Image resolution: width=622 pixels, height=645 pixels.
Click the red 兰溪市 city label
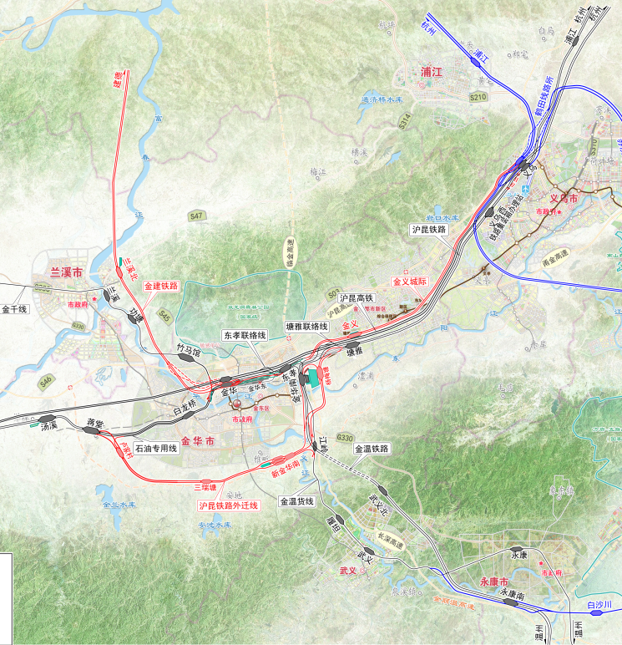(x=66, y=272)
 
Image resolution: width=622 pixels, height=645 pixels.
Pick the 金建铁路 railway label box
(x=161, y=286)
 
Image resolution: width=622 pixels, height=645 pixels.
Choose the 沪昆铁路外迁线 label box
(x=228, y=505)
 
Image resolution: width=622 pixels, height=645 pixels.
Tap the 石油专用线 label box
(x=156, y=448)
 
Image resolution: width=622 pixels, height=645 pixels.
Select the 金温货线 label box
(x=296, y=501)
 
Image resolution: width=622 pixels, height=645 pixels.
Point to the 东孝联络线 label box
(x=244, y=335)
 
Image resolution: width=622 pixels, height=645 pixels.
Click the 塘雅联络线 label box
(x=306, y=328)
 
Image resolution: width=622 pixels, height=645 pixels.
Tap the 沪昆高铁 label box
(x=357, y=297)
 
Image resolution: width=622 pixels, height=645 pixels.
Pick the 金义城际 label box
(x=409, y=282)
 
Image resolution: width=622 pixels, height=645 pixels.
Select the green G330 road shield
(x=345, y=438)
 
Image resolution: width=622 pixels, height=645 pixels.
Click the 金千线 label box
(x=15, y=309)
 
